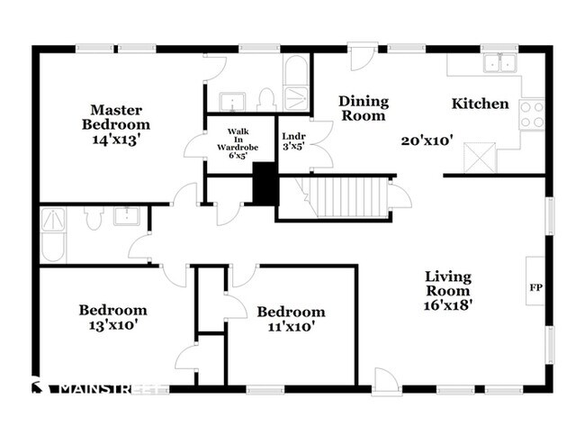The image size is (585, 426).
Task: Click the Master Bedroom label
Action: click(116, 117)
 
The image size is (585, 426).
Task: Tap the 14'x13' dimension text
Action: click(116, 140)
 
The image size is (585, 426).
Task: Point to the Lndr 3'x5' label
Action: click(293, 141)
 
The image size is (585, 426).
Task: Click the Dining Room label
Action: click(364, 108)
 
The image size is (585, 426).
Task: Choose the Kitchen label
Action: click(481, 104)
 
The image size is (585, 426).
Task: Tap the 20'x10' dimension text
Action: click(427, 140)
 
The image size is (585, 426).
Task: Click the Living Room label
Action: click(448, 284)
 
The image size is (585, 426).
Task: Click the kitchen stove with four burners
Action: click(532, 114)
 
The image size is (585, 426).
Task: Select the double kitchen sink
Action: click(499, 62)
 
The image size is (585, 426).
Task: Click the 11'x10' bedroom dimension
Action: click(291, 326)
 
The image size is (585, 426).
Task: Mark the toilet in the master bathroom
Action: click(266, 100)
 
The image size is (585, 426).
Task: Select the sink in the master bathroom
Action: click(232, 102)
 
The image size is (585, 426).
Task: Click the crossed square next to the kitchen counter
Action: click(480, 158)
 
